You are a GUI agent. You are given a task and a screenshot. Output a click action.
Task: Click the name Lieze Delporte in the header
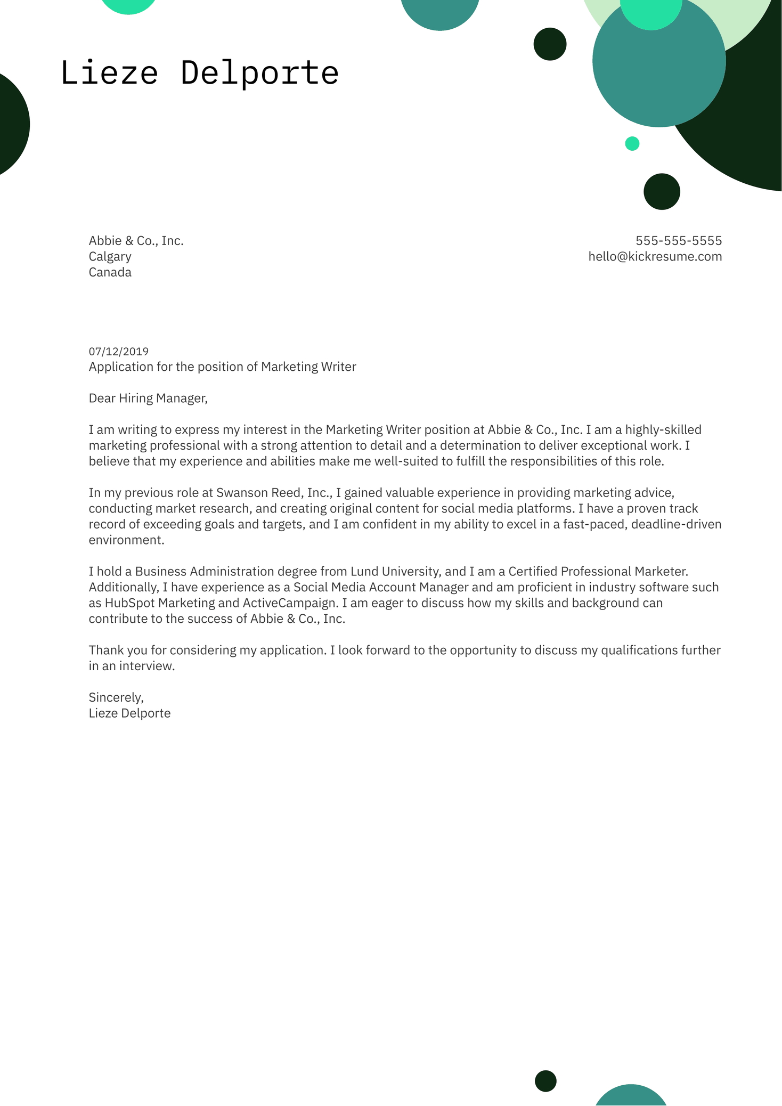point(200,73)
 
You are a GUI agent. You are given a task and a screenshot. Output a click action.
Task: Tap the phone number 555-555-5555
point(678,241)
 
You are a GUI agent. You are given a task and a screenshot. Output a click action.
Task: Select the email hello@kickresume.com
point(655,257)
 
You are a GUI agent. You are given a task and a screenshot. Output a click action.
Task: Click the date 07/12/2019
point(118,352)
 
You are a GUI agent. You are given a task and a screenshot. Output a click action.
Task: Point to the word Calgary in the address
point(110,257)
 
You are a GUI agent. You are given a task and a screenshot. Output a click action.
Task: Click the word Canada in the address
point(110,273)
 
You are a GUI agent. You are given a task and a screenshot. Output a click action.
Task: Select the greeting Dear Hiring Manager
point(148,399)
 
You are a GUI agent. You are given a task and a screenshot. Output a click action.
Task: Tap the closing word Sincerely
point(116,697)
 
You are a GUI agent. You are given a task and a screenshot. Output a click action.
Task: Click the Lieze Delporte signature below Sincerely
point(129,713)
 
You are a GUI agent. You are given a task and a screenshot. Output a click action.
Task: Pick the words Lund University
point(395,572)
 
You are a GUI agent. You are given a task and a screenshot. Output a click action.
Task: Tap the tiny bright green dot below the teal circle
point(632,143)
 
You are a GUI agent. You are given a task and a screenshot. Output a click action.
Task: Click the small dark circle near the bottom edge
point(545,1081)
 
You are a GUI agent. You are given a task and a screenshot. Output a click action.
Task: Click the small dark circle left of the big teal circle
point(550,44)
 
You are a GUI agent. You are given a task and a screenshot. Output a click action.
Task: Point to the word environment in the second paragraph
point(126,540)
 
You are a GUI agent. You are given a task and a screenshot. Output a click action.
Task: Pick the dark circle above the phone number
point(662,191)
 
